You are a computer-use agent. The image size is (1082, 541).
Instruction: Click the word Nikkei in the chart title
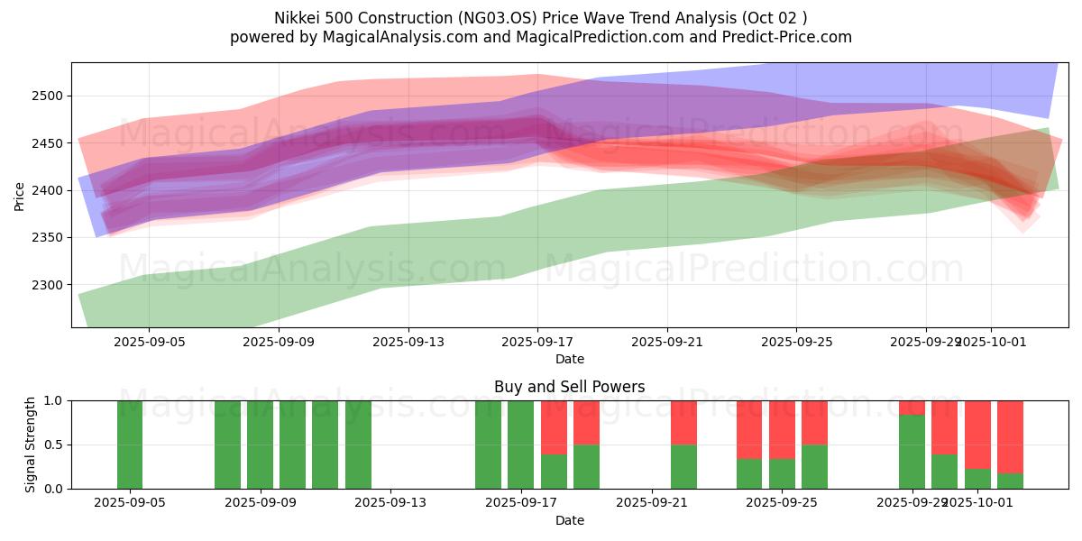pyautogui.click(x=294, y=18)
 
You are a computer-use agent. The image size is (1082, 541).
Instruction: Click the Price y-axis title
pyautogui.click(x=20, y=195)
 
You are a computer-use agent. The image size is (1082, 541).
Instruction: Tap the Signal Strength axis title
pyautogui.click(x=31, y=445)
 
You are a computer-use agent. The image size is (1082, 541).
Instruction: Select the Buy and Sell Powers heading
pyautogui.click(x=569, y=387)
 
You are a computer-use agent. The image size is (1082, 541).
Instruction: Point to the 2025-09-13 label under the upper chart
pyautogui.click(x=408, y=343)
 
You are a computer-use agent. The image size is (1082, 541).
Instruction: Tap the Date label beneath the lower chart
pyautogui.click(x=569, y=520)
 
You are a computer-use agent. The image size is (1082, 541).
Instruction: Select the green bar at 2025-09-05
pyautogui.click(x=130, y=445)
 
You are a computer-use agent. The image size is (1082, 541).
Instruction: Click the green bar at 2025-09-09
pyautogui.click(x=260, y=445)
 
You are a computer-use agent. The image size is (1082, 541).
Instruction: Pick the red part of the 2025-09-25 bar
pyautogui.click(x=814, y=422)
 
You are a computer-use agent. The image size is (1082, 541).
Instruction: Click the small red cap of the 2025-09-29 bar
pyautogui.click(x=912, y=408)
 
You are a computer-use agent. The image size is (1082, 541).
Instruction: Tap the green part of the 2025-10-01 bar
pyautogui.click(x=977, y=479)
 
